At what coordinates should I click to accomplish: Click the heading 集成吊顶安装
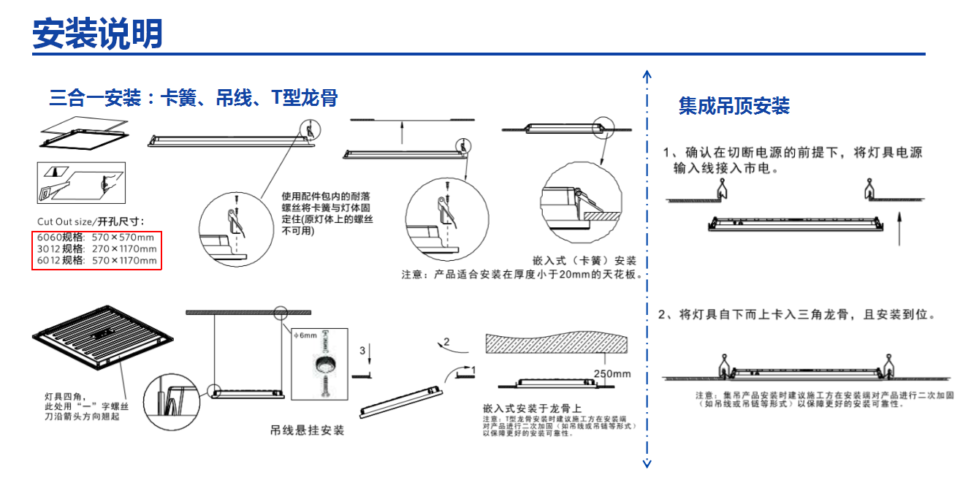tap(734, 106)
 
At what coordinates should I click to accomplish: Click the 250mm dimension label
tap(612, 374)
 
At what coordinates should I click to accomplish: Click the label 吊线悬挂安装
tap(308, 430)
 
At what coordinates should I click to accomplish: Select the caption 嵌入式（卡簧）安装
tap(584, 261)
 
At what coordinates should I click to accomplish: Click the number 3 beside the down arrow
tap(362, 351)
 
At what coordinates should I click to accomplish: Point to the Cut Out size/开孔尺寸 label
tap(91, 221)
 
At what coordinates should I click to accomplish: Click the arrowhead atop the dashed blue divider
tap(647, 75)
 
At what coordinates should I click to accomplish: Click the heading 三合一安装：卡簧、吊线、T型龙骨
tap(193, 98)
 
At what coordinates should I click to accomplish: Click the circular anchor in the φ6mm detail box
tap(321, 365)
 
